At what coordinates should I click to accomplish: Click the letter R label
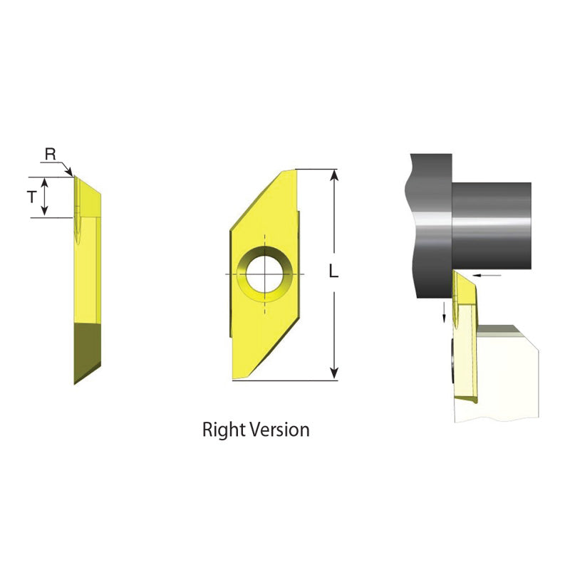click(x=50, y=154)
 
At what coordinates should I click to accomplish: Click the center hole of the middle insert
click(x=264, y=274)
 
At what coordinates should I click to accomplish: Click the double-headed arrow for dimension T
click(x=45, y=197)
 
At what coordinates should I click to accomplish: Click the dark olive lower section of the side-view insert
click(x=87, y=349)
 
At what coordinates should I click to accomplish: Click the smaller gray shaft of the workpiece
click(x=492, y=224)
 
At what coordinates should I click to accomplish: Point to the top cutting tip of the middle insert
click(x=288, y=171)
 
